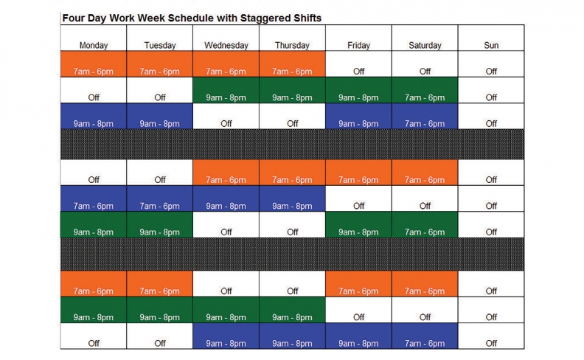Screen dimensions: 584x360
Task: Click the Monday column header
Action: pyautogui.click(x=94, y=38)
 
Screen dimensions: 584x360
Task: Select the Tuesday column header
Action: pyautogui.click(x=160, y=38)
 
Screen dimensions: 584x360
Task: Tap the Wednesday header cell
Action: pyautogui.click(x=226, y=38)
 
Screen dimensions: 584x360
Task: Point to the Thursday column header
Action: pyautogui.click(x=293, y=38)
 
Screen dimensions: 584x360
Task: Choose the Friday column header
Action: pyautogui.click(x=358, y=38)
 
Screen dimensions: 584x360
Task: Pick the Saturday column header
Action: pyautogui.click(x=425, y=38)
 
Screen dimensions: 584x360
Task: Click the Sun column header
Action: pyautogui.click(x=491, y=38)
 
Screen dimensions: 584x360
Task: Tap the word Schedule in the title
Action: pyautogui.click(x=190, y=18)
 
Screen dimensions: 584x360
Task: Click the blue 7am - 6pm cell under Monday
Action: pyautogui.click(x=94, y=198)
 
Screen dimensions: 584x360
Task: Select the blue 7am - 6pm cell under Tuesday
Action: pyautogui.click(x=160, y=198)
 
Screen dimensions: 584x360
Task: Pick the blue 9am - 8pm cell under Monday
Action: pyautogui.click(x=94, y=117)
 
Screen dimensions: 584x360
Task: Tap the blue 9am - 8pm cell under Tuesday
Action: pyautogui.click(x=160, y=117)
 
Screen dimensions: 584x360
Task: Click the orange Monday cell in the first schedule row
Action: pyautogui.click(x=94, y=64)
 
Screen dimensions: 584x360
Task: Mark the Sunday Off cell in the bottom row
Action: pyautogui.click(x=491, y=336)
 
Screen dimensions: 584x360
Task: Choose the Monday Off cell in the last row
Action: pyautogui.click(x=94, y=336)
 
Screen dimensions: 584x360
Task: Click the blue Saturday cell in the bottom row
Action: pyautogui.click(x=425, y=336)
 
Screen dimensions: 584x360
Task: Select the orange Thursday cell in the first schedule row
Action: pyautogui.click(x=293, y=64)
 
